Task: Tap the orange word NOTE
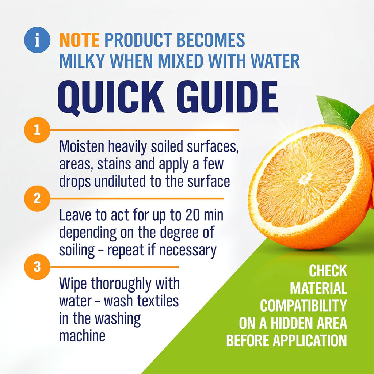coord(79,40)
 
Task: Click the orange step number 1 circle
coord(37,130)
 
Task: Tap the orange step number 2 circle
coord(37,199)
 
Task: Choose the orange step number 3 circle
coord(37,267)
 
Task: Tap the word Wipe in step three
coord(73,284)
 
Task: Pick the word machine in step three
coord(82,336)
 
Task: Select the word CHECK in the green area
coord(328,271)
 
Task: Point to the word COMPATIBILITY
coord(303,306)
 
